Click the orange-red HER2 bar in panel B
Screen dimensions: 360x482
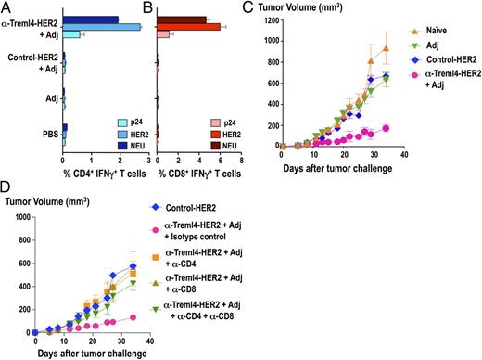tap(187, 27)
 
